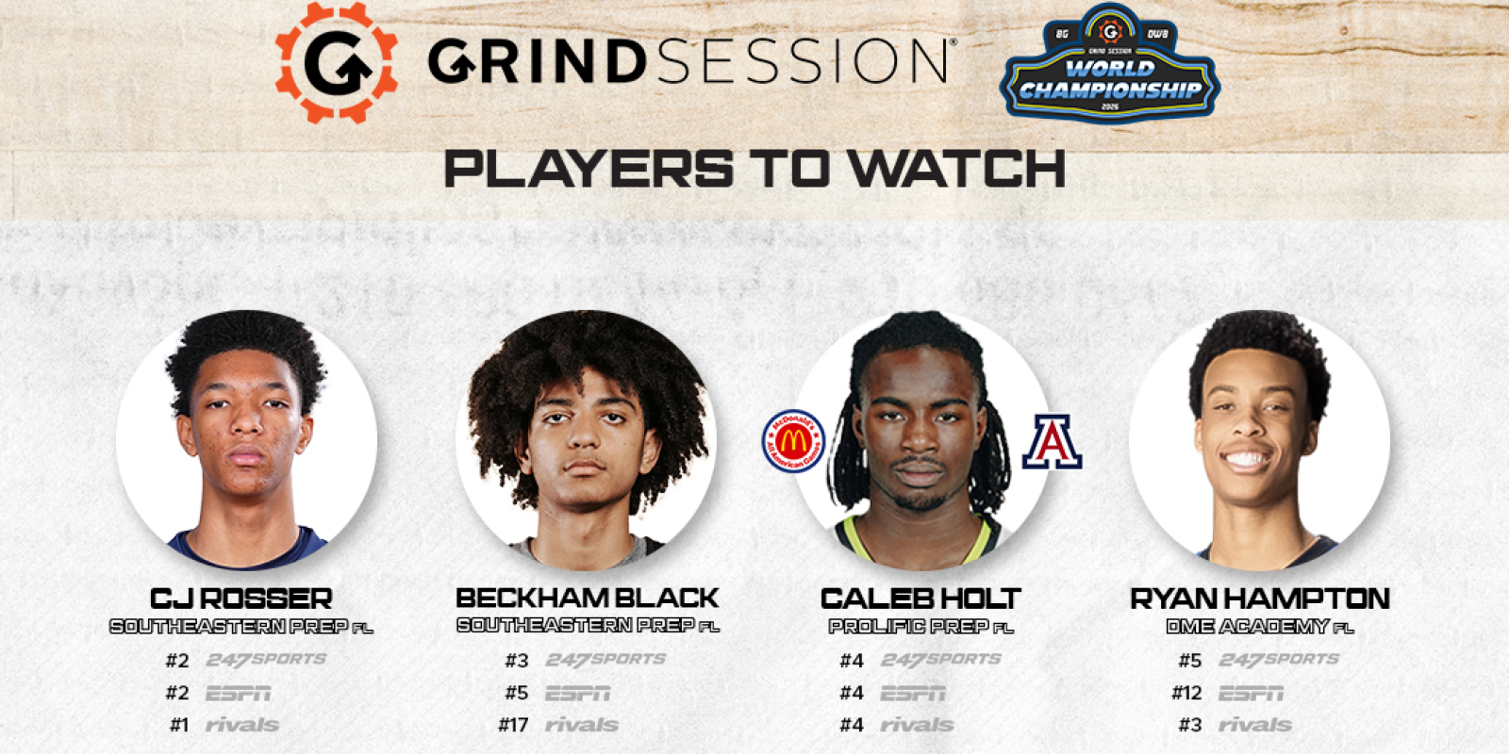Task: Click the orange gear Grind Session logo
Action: (337, 62)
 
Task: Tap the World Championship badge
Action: (1110, 66)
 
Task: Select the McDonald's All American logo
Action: (793, 441)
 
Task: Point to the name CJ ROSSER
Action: (241, 598)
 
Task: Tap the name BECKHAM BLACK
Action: (587, 598)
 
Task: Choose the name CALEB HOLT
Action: (920, 598)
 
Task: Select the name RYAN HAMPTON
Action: (1260, 598)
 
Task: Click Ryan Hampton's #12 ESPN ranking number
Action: (1186, 694)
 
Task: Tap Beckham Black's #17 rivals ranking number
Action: (513, 726)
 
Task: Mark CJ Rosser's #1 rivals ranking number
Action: (179, 726)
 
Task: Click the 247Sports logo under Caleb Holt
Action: (940, 660)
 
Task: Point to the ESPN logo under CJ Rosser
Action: (238, 694)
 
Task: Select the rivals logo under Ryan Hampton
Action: (1254, 726)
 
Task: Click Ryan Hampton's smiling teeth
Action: (1245, 461)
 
